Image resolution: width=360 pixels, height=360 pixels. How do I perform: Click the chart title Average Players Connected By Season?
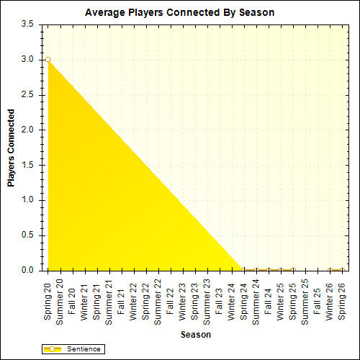(x=179, y=12)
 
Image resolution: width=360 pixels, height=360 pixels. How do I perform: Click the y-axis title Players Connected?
(x=11, y=148)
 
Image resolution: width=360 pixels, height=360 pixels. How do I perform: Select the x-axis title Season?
(x=195, y=335)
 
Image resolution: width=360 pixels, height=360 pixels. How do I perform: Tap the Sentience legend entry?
(x=74, y=348)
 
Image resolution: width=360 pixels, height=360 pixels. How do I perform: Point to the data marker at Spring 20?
(x=48, y=60)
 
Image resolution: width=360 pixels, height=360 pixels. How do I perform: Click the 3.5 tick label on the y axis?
(x=28, y=24)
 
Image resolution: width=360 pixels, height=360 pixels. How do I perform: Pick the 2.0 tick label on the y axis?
(x=28, y=130)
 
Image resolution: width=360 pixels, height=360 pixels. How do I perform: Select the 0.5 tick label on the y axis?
(x=28, y=235)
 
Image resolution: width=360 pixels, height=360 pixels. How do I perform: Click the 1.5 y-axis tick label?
(x=28, y=165)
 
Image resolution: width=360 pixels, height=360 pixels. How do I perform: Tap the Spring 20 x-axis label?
(x=48, y=297)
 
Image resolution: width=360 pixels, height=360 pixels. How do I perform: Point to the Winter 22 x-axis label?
(x=134, y=297)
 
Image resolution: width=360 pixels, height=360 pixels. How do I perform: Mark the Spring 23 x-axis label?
(x=195, y=297)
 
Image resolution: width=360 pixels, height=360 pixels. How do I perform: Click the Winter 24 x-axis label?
(x=232, y=297)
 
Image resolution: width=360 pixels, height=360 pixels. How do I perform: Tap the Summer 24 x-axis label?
(x=256, y=300)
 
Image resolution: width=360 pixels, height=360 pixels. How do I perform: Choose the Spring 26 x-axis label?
(x=343, y=297)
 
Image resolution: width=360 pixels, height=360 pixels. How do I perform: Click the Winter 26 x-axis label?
(x=330, y=297)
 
